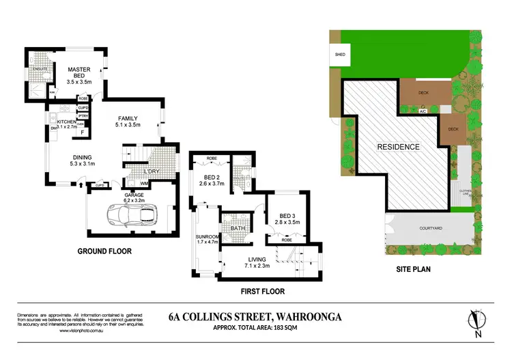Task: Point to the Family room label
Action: click(x=128, y=118)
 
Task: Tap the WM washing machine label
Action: click(x=144, y=183)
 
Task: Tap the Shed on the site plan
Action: click(x=339, y=54)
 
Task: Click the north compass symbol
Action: click(x=476, y=321)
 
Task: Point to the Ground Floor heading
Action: click(x=104, y=251)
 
